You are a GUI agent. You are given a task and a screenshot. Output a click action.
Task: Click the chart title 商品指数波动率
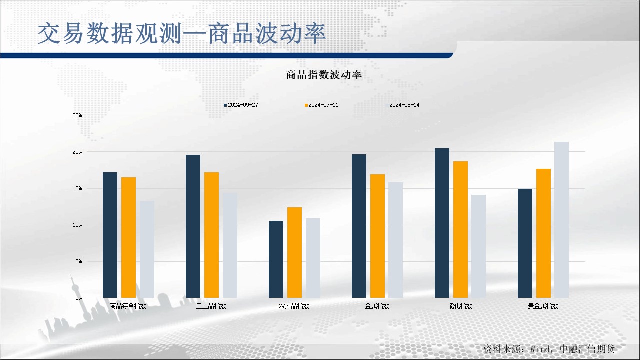point(324,75)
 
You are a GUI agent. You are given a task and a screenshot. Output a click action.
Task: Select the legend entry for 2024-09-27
point(241,105)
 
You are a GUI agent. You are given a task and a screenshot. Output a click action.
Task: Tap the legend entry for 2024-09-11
point(321,105)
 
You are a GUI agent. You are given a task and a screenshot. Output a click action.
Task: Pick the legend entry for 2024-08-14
point(403,105)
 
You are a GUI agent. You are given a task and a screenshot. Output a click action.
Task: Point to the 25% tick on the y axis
point(77,115)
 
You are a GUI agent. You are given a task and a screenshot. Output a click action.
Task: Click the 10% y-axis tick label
point(77,225)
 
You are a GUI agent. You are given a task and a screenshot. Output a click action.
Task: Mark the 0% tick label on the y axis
point(79,298)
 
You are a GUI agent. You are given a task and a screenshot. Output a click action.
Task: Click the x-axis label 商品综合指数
point(128,306)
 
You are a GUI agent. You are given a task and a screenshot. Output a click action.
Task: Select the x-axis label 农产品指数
point(294,306)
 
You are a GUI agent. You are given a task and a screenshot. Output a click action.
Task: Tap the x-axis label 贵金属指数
point(543,306)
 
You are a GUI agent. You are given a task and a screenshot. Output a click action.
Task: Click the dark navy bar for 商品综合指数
point(110,235)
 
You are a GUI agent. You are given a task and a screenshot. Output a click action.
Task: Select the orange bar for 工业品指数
point(211,235)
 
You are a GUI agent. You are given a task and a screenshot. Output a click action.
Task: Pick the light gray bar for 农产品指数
point(313,258)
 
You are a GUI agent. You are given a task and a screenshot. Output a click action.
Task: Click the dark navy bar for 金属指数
point(359,226)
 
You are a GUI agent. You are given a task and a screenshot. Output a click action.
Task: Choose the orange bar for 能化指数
point(460,229)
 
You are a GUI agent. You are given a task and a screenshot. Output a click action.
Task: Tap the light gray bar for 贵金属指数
point(561,220)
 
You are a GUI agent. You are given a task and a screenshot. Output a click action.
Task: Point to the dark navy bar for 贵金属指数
point(525,243)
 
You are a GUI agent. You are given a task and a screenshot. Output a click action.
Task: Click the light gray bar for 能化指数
point(479,246)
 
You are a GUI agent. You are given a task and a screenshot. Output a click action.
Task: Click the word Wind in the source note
point(539,349)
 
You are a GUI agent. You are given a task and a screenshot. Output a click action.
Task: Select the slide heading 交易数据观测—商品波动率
point(181,33)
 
